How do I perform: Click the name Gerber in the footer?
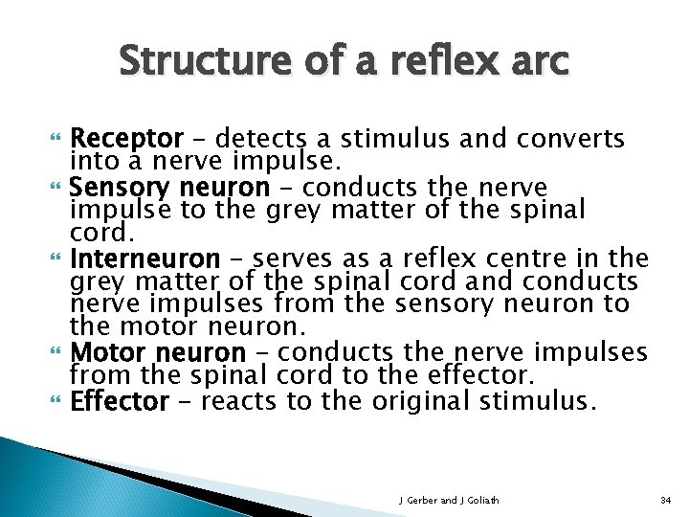click(419, 500)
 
